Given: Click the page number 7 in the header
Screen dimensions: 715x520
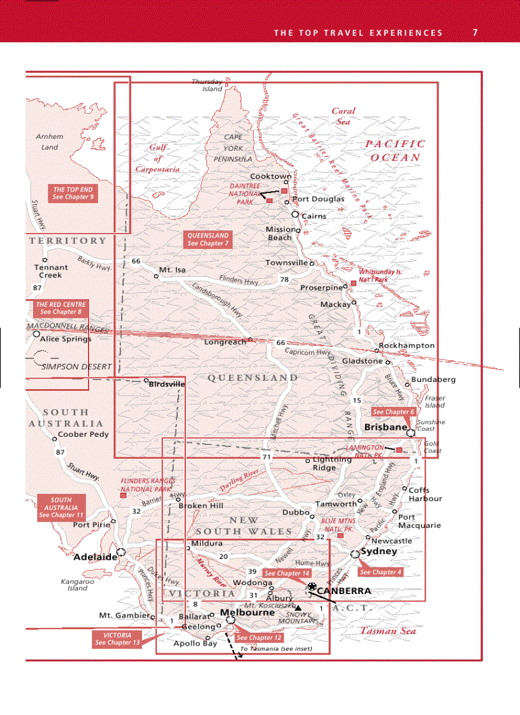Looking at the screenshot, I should click(x=475, y=32).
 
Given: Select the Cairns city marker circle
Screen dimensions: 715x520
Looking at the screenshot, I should click(x=295, y=215).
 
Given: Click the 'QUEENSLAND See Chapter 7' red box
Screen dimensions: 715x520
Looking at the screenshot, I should click(x=208, y=239).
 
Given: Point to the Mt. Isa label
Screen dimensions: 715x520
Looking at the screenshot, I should click(x=171, y=270).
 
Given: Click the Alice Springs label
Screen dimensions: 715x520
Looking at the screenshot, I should click(x=66, y=339).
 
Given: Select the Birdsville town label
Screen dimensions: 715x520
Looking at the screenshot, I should click(x=166, y=385).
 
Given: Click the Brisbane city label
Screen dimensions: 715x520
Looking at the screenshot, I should click(x=385, y=427).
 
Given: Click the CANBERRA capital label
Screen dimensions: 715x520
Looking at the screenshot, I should click(x=343, y=591).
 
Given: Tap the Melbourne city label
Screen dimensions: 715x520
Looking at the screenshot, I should click(x=247, y=612).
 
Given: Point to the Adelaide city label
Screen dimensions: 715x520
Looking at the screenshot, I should click(x=96, y=556).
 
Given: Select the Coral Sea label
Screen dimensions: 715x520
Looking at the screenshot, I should click(x=343, y=116).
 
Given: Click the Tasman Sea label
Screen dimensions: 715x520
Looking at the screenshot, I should click(x=388, y=631).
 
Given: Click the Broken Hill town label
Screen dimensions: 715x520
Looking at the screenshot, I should click(x=201, y=506).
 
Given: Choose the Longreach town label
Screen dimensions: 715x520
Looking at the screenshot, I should click(x=225, y=342).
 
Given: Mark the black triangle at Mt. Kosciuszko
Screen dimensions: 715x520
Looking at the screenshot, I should click(x=298, y=607).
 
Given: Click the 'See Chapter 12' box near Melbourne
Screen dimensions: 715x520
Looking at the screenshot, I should click(x=259, y=637).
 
